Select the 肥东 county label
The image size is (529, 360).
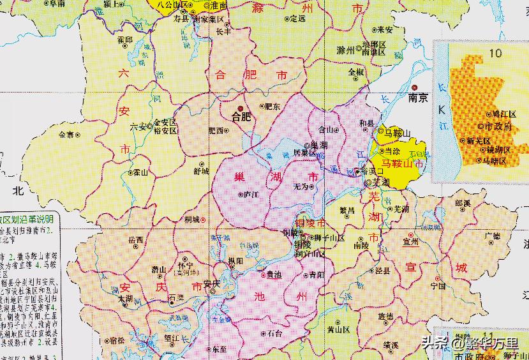click(272, 107)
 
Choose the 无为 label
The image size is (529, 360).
click(301, 186)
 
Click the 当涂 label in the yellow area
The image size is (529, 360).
click(392, 151)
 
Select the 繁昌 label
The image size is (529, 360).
click(346, 210)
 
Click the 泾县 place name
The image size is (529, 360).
click(382, 270)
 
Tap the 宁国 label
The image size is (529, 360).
click(438, 287)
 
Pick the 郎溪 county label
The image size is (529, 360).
click(463, 203)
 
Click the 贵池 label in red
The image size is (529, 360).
click(274, 274)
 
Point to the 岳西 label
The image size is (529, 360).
click(136, 241)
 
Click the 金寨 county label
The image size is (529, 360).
click(66, 135)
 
